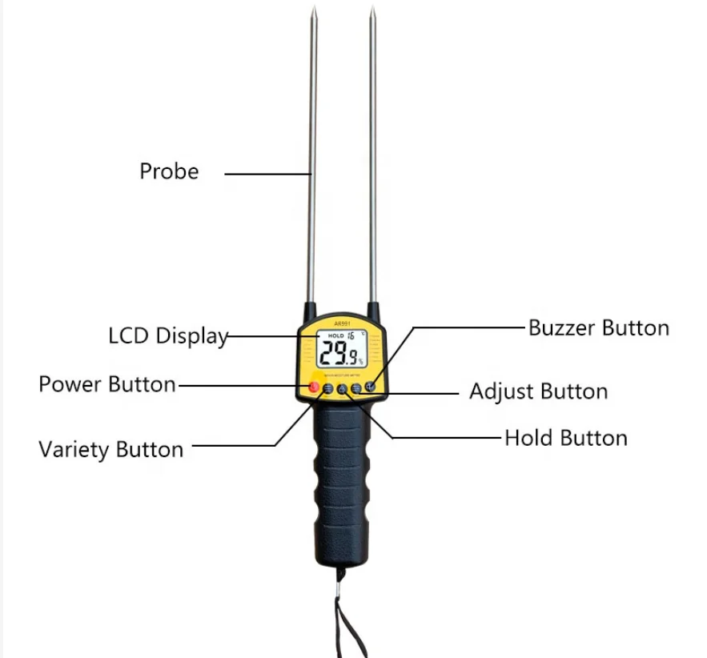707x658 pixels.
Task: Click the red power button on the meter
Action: [314, 388]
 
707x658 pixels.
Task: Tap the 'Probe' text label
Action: [169, 171]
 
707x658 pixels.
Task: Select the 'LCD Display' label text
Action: [168, 336]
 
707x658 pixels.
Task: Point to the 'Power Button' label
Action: [107, 384]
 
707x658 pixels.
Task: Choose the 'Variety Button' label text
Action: [110, 449]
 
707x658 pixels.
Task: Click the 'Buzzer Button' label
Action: [598, 327]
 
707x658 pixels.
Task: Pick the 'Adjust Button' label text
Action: [538, 391]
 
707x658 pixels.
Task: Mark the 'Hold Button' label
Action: [565, 438]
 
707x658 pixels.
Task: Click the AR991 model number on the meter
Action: [343, 323]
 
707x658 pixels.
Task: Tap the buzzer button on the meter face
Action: [371, 388]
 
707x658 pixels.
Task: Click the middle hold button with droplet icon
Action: [342, 390]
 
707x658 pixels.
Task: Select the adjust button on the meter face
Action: [356, 389]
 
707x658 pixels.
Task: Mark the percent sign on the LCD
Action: [360, 362]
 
